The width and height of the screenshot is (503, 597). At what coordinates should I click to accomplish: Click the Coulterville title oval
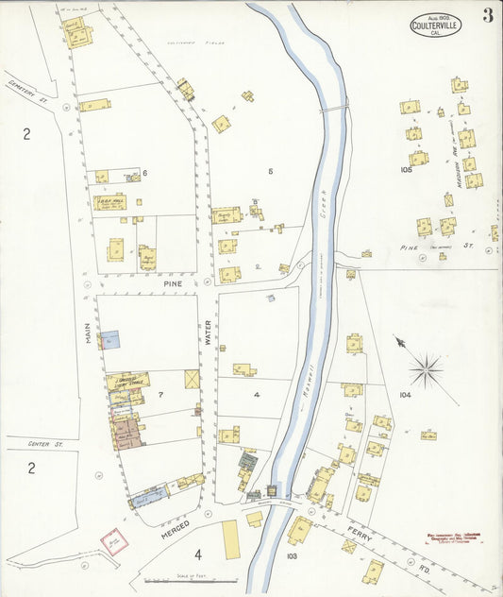pyautogui.click(x=436, y=24)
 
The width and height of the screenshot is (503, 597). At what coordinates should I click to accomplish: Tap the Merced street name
pyautogui.click(x=176, y=531)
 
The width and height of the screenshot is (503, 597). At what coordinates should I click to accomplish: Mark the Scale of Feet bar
pyautogui.click(x=192, y=580)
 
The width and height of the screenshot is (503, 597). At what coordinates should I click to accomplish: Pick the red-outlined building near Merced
pyautogui.click(x=112, y=541)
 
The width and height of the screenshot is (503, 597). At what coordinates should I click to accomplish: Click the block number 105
pyautogui.click(x=407, y=170)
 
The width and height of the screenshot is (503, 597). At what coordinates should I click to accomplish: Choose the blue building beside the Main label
pyautogui.click(x=109, y=339)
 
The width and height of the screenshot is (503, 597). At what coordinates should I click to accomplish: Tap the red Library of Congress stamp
pyautogui.click(x=454, y=536)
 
